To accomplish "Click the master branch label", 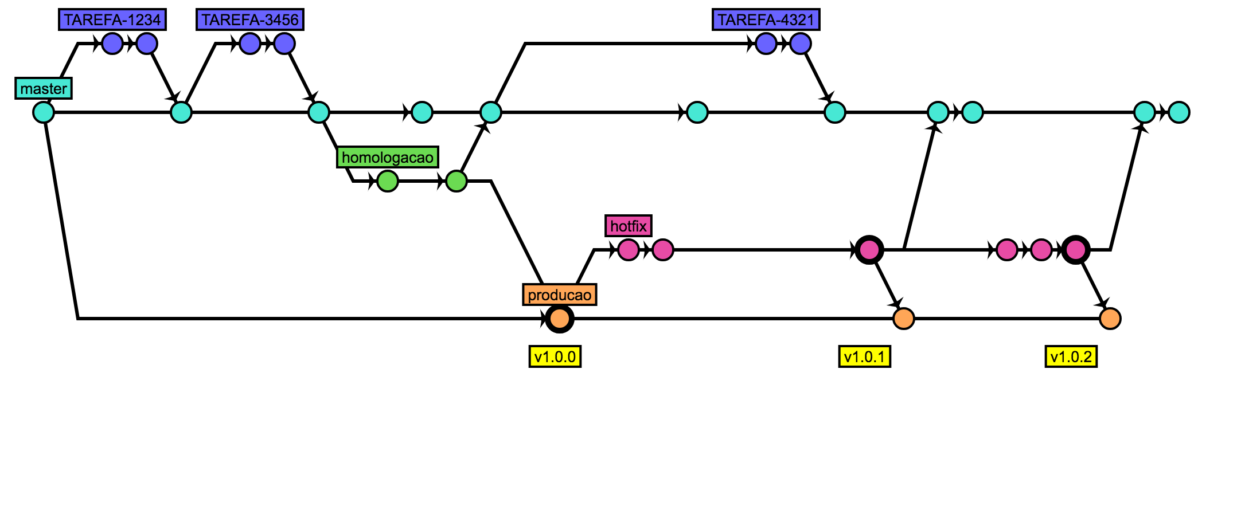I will click(x=44, y=88).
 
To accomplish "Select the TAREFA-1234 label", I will click(x=112, y=19).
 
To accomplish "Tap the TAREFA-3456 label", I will click(x=250, y=19).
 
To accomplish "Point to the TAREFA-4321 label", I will click(x=766, y=19).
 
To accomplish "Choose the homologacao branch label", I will click(x=388, y=157).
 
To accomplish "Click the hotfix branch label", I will click(x=629, y=226).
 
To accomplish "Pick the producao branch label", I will click(x=560, y=295).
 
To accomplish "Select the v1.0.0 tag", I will click(x=555, y=356).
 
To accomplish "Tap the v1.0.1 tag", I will click(x=865, y=356).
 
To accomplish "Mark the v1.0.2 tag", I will click(x=1071, y=356).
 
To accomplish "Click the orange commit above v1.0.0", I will click(x=560, y=319).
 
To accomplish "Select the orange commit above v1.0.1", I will click(x=904, y=319).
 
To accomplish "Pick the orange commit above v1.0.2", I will click(x=1110, y=319).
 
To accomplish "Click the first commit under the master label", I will click(x=44, y=112).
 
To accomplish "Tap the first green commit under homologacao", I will click(x=388, y=181).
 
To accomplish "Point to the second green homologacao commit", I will click(x=456, y=181).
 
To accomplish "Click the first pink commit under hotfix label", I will click(x=629, y=250).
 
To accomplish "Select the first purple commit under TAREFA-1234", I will click(x=112, y=44).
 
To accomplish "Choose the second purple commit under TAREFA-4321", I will click(x=801, y=44).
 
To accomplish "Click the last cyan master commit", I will click(x=1179, y=112).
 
